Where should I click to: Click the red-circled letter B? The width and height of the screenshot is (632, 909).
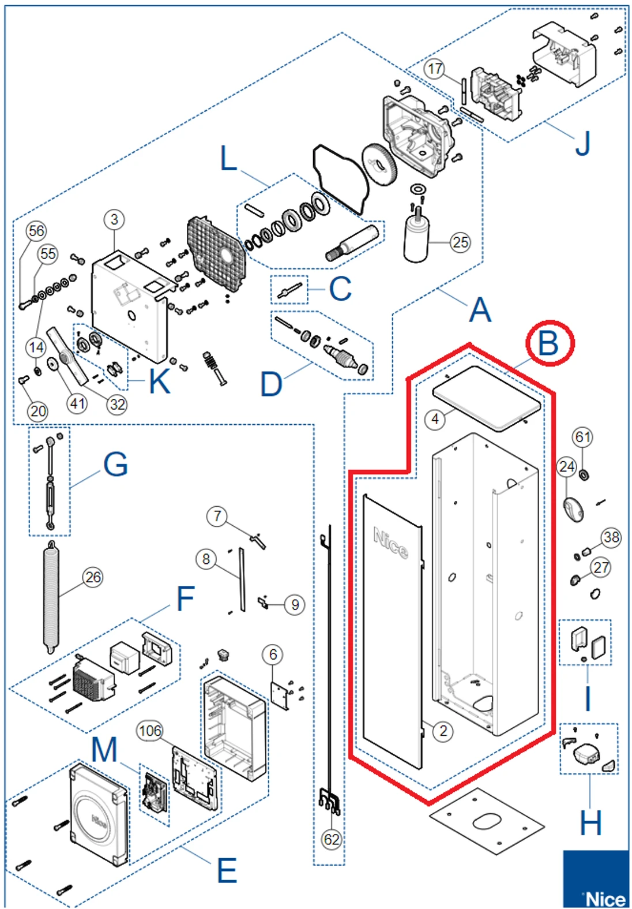click(549, 343)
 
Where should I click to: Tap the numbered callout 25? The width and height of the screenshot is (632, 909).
click(460, 242)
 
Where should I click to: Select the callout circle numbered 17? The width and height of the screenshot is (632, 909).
click(435, 69)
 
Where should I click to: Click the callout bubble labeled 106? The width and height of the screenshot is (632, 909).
click(150, 731)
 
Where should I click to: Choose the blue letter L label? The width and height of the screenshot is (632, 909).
click(229, 158)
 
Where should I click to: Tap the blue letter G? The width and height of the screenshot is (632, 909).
click(115, 464)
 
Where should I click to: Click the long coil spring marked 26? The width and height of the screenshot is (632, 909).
click(51, 597)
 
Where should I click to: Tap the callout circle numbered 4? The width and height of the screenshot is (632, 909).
click(435, 419)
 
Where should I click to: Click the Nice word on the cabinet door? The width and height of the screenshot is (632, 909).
click(391, 543)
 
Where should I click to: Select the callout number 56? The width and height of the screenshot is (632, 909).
click(36, 231)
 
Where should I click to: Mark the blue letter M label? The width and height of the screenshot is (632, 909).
click(104, 750)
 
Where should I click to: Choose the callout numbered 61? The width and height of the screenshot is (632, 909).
click(582, 437)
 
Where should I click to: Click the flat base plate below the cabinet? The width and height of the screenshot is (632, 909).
click(487, 822)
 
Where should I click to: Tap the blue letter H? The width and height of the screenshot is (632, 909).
click(590, 823)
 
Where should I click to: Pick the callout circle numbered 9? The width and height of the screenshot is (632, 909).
click(295, 604)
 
